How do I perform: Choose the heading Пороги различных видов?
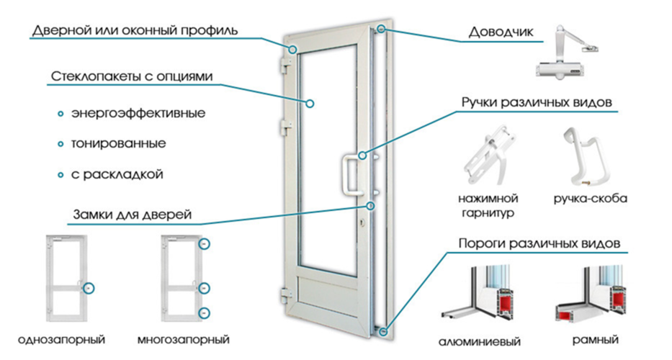click(x=539, y=243)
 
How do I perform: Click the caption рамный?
click(x=595, y=339)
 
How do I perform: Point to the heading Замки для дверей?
click(x=132, y=215)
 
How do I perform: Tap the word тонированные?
click(x=118, y=144)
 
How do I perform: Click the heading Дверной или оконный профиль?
click(x=135, y=31)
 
